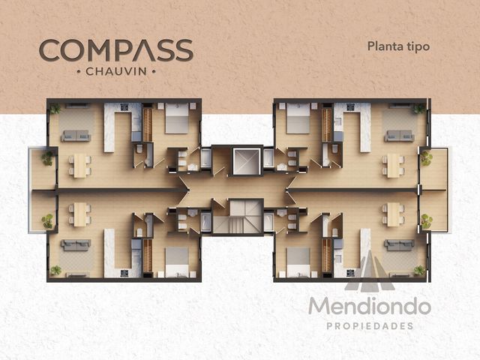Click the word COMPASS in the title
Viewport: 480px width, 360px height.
[x=116, y=50]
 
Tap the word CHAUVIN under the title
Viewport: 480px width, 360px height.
[x=116, y=72]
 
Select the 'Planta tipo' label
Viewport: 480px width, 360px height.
[x=398, y=46]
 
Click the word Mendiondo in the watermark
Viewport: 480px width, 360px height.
[x=370, y=306]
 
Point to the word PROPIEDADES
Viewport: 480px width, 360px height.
[x=370, y=326]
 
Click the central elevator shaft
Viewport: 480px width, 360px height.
[x=247, y=161]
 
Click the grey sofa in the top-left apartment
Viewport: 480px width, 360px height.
[x=76, y=136]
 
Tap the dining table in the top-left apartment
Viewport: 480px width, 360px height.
[x=80, y=165]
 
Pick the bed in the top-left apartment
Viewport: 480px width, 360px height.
[x=177, y=118]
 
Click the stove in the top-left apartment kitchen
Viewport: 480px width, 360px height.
[x=124, y=107]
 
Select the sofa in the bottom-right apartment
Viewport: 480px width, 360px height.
[x=400, y=245]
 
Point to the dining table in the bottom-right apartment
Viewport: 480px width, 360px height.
[x=393, y=214]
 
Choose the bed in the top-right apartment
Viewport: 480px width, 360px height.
[x=298, y=118]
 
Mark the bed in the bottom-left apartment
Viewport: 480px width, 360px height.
[x=177, y=262]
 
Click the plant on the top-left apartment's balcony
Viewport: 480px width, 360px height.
[x=47, y=158]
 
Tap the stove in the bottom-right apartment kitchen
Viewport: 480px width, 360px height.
[x=350, y=273]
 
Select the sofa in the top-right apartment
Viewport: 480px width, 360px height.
[x=400, y=136]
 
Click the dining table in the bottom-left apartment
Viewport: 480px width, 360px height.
[x=80, y=214]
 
